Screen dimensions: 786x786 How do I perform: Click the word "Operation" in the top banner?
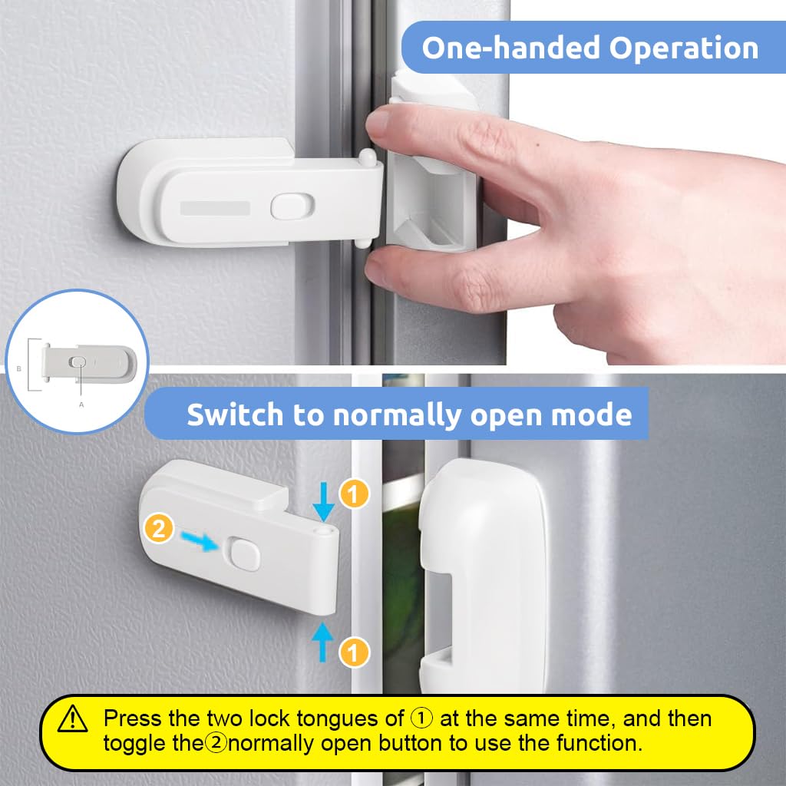684,48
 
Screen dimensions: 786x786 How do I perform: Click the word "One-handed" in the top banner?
511,48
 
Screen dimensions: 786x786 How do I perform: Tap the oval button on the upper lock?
292,206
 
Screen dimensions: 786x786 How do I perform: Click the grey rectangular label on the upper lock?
215,208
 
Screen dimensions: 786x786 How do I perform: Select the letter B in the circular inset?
19,369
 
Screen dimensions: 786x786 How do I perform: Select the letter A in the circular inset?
81,405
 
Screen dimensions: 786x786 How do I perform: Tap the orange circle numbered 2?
159,529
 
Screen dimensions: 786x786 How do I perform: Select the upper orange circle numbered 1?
354,494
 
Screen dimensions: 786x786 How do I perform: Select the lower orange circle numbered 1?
354,652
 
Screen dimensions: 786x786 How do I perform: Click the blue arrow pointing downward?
323,502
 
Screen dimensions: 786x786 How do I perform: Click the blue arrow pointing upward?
322,642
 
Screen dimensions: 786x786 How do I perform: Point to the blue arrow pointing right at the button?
200,541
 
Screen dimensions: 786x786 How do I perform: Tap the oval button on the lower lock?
245,554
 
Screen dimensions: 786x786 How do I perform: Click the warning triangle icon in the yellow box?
73,718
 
